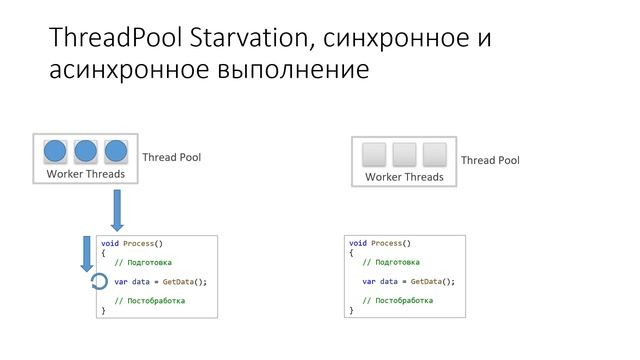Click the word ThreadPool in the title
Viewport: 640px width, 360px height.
(109, 38)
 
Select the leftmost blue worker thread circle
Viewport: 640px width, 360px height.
(55, 152)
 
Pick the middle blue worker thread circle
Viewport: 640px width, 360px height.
(86, 152)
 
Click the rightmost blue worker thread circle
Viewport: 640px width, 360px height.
(117, 152)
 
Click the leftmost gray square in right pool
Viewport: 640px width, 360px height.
(373, 155)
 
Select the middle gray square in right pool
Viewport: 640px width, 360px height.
(404, 155)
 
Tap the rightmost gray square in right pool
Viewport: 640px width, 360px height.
(434, 155)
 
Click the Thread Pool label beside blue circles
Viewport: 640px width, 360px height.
(172, 157)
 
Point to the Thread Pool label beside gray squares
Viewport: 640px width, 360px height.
(490, 160)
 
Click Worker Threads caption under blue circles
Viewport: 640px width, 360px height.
(86, 174)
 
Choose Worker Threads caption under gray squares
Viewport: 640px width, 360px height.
(404, 177)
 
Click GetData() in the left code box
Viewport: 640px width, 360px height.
(183, 282)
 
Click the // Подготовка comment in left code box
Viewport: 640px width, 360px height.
(143, 263)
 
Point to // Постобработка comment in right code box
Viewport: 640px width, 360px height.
(397, 301)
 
